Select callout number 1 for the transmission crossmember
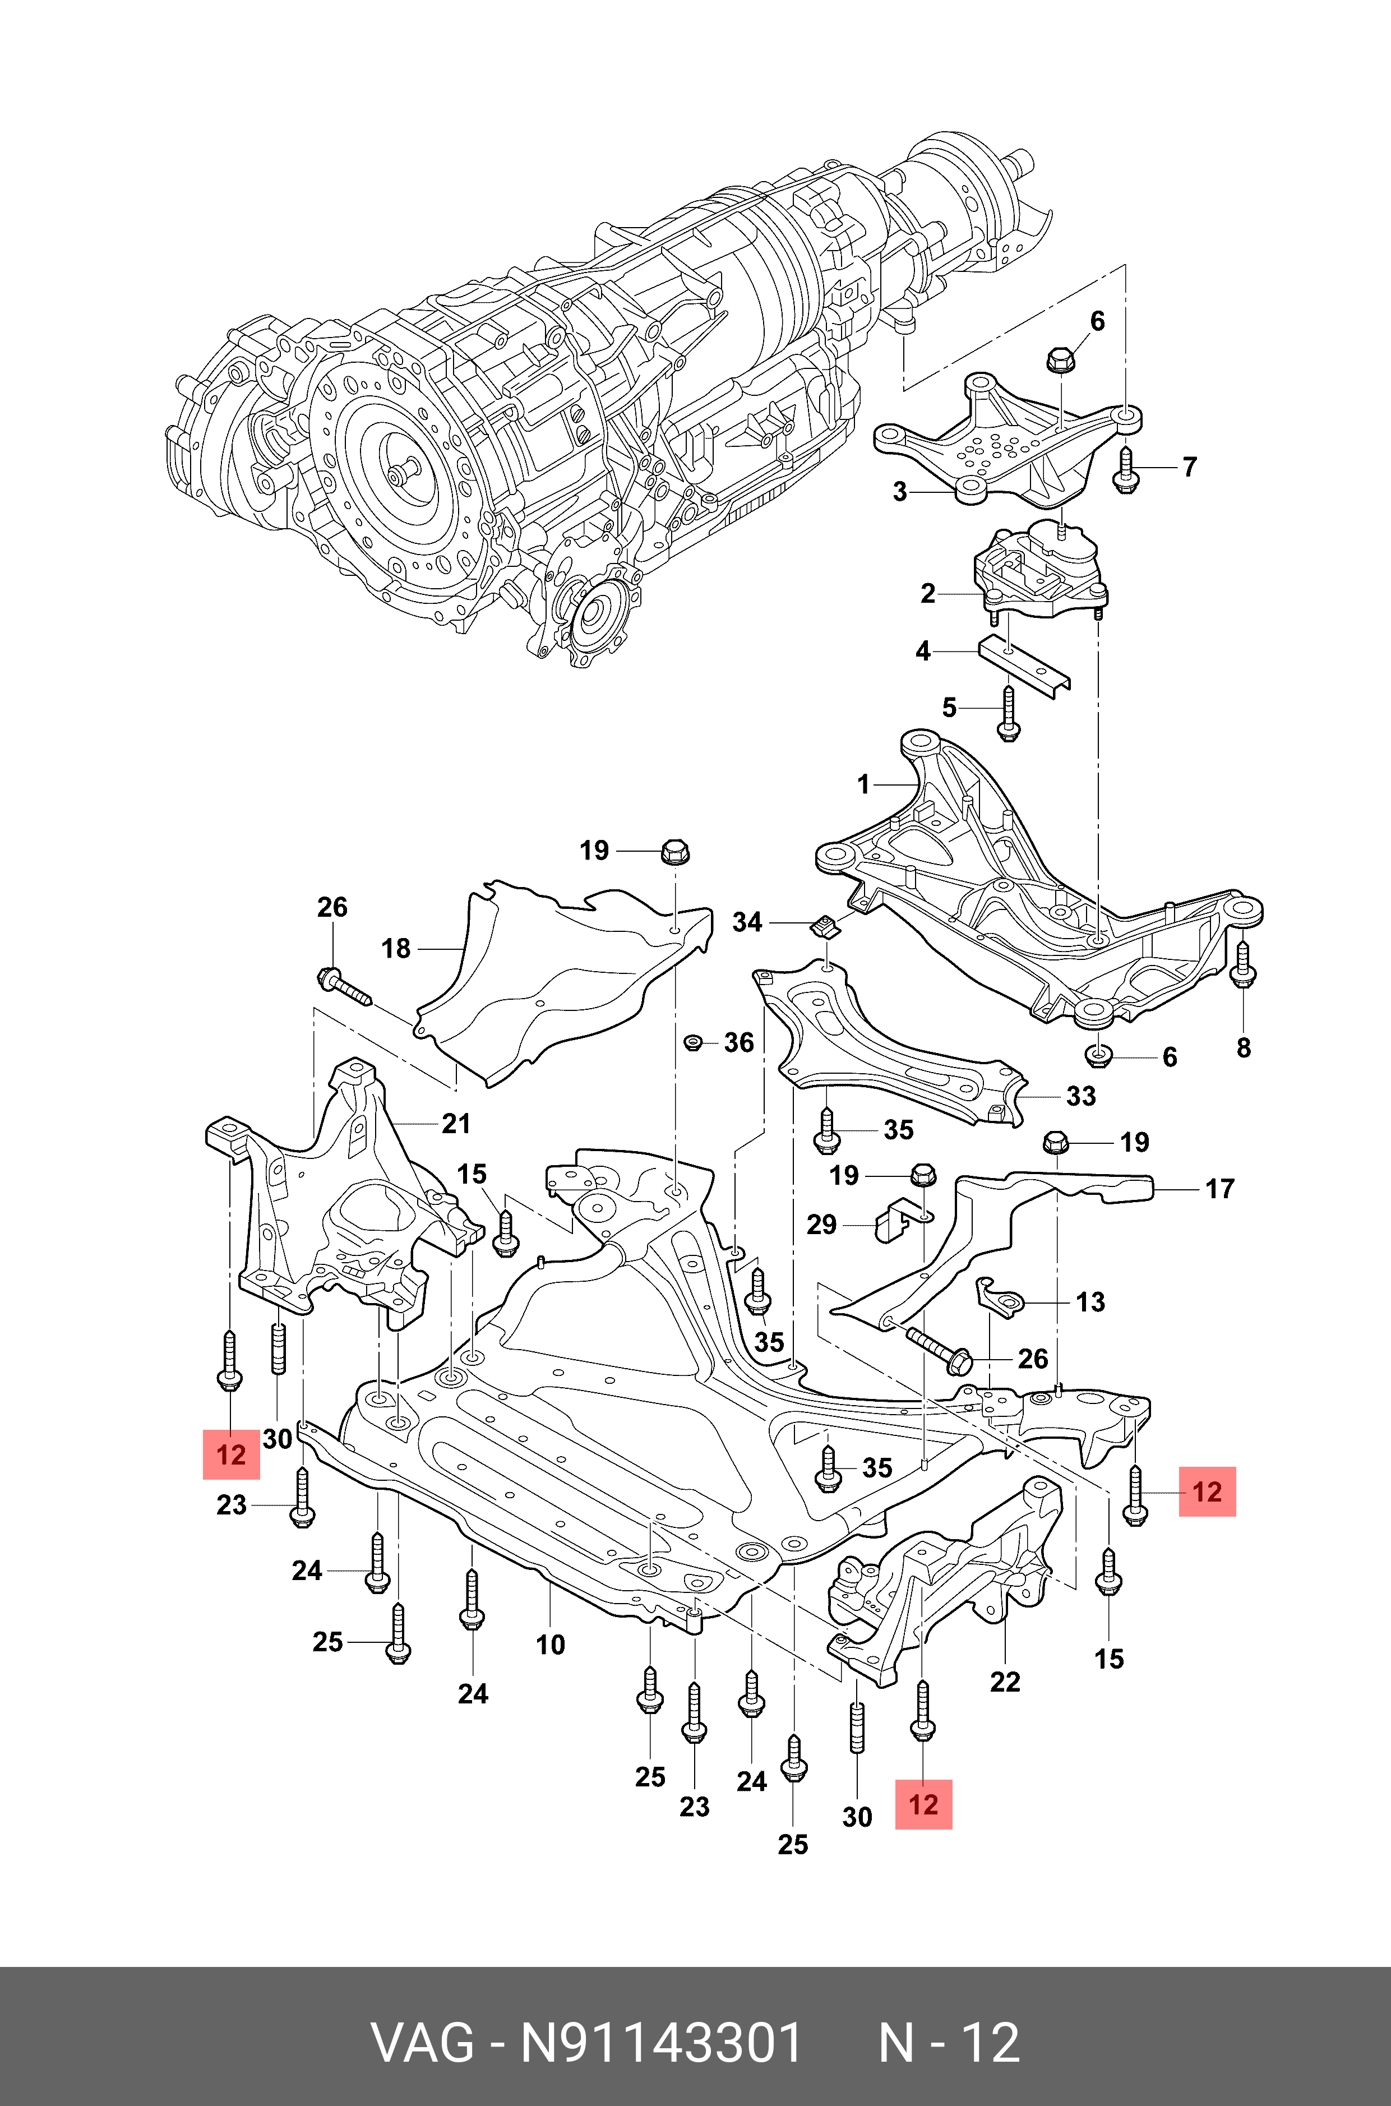(x=864, y=784)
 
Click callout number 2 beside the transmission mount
(x=928, y=593)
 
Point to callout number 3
(x=900, y=492)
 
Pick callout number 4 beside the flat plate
(x=923, y=651)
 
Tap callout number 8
(x=1244, y=1048)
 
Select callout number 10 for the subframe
(x=550, y=1645)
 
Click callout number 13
(x=1090, y=1303)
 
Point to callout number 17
(x=1220, y=1189)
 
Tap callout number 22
(x=1005, y=1682)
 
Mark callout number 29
(x=821, y=1225)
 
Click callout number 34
(x=747, y=922)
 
